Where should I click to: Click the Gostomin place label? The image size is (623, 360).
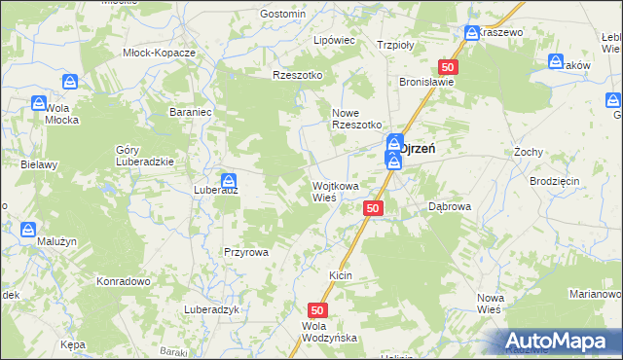(x=283, y=14)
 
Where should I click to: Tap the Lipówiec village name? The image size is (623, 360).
(x=333, y=41)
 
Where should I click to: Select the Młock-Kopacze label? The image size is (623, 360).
(x=160, y=53)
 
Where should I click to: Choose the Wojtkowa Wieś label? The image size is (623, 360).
(x=335, y=191)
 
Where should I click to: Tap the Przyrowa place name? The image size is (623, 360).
(x=246, y=251)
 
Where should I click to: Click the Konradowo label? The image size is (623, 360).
(x=122, y=281)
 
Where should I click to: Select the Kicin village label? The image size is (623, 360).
(x=340, y=276)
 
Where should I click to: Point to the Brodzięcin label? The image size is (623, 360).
(x=555, y=181)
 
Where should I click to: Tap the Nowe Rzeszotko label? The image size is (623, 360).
(x=353, y=118)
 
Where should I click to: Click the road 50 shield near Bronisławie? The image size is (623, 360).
(x=448, y=66)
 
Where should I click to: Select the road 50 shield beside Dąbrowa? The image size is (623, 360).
(x=375, y=208)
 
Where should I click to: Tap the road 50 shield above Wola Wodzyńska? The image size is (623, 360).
(x=322, y=308)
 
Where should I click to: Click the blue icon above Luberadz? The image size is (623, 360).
(x=229, y=180)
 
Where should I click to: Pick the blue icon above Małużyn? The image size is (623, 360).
(x=28, y=230)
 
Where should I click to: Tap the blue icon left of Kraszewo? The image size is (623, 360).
(x=472, y=33)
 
